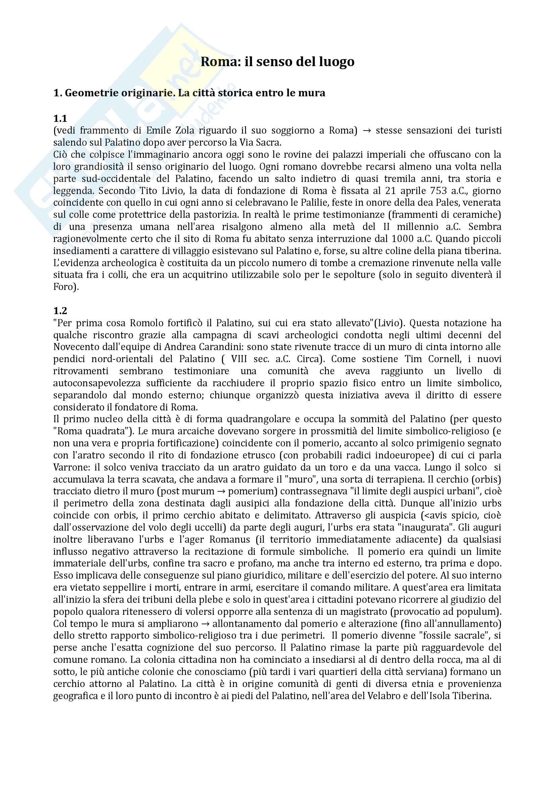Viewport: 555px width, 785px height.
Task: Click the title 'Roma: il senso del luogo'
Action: coord(277,62)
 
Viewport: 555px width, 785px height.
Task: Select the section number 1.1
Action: coord(60,118)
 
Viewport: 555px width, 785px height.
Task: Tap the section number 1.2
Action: coord(60,310)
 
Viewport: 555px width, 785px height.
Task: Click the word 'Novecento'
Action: coord(73,347)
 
